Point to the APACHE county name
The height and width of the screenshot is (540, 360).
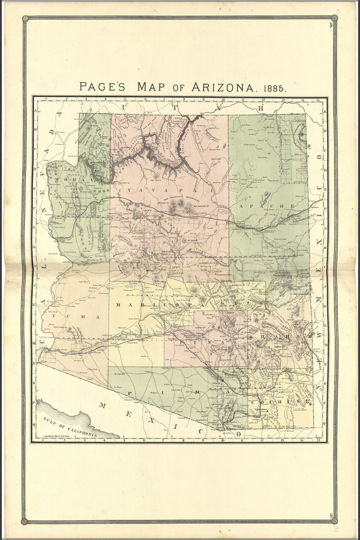coord(267,206)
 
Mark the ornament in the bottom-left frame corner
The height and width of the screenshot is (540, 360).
coord(25,521)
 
